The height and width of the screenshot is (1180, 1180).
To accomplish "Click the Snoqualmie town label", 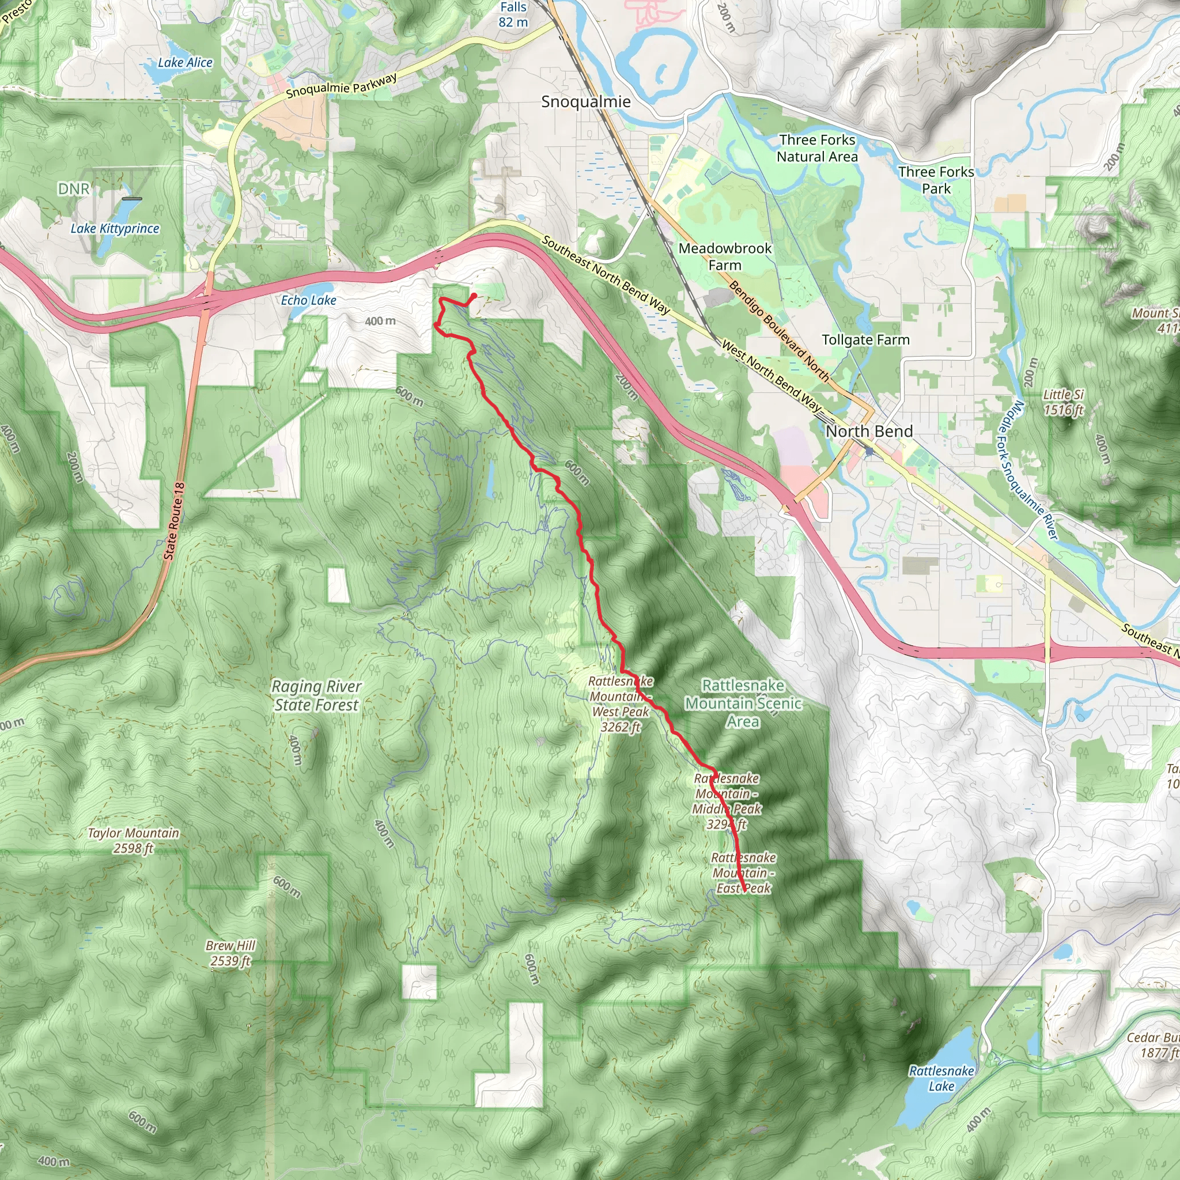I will tap(586, 101).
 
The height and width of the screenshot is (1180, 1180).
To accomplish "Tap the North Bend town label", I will tap(868, 431).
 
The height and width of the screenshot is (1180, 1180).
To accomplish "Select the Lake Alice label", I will tap(185, 62).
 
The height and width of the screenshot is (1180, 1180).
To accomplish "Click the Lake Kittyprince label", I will tap(115, 228).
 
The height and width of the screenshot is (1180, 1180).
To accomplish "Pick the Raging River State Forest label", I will tap(316, 695).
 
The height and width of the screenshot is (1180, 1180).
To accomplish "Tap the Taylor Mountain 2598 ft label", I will tap(133, 841).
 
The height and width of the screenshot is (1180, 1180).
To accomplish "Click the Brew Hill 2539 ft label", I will tap(230, 953).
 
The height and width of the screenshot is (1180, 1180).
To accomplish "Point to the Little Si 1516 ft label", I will tap(1064, 402).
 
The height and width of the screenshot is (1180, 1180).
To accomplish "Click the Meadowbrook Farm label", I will tap(725, 256).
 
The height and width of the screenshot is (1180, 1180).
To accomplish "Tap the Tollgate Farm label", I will tap(865, 339).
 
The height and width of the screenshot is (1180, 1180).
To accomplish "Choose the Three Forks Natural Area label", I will tap(817, 149).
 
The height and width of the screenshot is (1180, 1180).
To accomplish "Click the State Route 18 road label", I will tap(174, 521).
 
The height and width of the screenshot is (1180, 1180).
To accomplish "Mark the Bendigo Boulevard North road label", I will tap(779, 332).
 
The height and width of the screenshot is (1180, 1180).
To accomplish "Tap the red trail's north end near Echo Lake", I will tap(474, 296).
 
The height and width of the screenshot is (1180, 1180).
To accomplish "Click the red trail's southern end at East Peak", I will tap(744, 891).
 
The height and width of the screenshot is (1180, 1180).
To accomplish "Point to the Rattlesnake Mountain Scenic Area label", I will tap(743, 703).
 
